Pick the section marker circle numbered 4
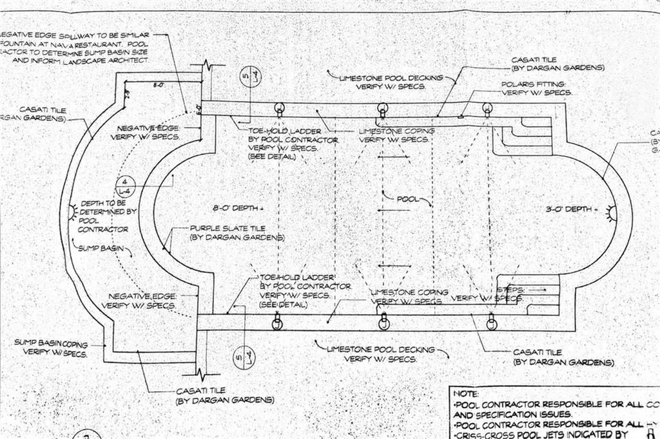tap(126, 186)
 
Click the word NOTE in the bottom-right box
tap(465, 393)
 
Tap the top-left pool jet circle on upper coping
tap(279, 107)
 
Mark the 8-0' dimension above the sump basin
tap(159, 84)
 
